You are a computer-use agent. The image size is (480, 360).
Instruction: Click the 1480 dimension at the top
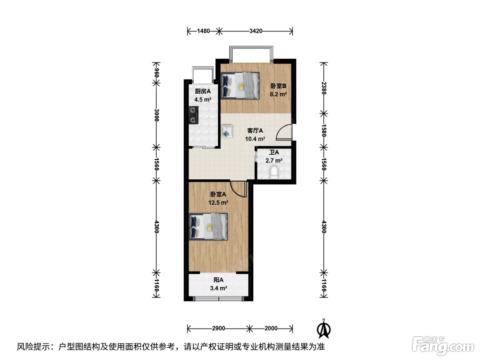tap(203, 31)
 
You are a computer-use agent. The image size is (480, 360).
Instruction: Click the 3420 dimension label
tap(256, 31)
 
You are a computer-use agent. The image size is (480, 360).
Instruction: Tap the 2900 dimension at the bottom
tap(218, 328)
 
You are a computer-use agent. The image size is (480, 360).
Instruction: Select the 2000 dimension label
tap(271, 328)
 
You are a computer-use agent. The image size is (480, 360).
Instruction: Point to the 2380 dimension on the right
tap(324, 88)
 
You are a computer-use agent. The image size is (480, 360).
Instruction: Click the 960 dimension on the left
tap(156, 73)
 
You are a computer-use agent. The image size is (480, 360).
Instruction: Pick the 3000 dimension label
tap(156, 115)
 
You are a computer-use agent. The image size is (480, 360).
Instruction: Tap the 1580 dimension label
tap(324, 131)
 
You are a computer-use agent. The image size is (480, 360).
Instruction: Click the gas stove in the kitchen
tap(193, 115)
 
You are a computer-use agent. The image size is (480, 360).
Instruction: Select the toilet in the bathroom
tap(274, 172)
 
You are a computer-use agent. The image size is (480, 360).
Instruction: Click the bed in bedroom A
tap(208, 227)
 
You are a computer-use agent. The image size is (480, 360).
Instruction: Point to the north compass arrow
tap(324, 329)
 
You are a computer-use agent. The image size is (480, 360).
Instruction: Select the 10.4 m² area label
tap(255, 139)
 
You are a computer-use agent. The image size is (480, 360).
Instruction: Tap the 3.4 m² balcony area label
tap(218, 288)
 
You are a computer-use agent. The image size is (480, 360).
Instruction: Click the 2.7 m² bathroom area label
tap(274, 161)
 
